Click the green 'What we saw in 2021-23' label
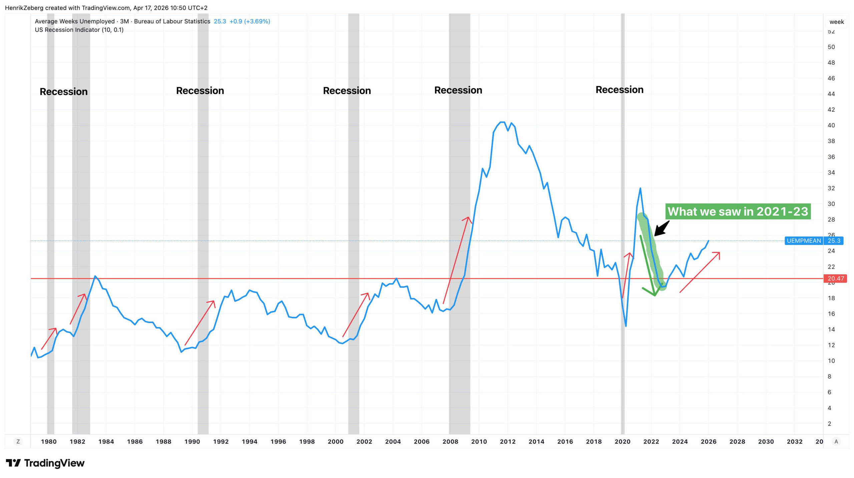coord(738,211)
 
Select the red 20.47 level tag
coord(835,278)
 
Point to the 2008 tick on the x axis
coord(450,441)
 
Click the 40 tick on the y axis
coord(831,125)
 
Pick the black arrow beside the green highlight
coord(662,229)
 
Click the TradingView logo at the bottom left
coord(45,463)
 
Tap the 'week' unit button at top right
coord(836,22)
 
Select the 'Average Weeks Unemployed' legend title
coord(75,21)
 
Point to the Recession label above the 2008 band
coord(458,90)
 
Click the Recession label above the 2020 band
coord(619,90)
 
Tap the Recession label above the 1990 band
coord(200,91)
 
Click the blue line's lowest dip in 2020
coord(626,326)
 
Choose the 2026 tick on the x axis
coord(708,441)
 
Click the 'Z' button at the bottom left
coord(18,441)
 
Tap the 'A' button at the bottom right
coord(836,441)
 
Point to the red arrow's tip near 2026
coord(719,253)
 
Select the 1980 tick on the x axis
coord(49,441)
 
